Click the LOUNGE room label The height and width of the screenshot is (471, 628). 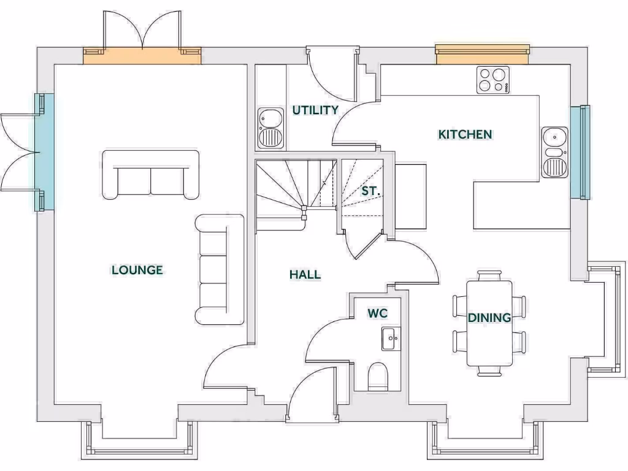137,270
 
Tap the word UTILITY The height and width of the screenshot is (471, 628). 315,110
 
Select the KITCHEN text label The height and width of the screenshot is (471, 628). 465,134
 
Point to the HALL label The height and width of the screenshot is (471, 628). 305,275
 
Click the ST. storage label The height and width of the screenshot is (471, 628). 370,191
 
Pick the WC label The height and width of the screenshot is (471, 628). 377,313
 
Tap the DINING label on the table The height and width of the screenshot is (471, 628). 489,318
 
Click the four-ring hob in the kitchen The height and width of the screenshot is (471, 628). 493,80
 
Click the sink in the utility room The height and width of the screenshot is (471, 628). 269,128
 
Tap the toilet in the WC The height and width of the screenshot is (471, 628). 378,375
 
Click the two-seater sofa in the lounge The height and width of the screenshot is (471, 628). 151,174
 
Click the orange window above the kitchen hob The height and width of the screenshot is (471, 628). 482,54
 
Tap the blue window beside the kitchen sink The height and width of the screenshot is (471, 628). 580,152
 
